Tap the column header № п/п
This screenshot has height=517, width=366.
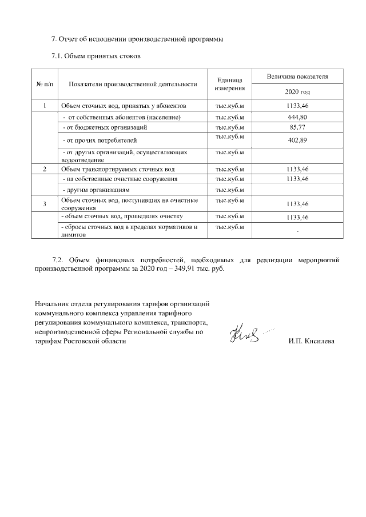45,84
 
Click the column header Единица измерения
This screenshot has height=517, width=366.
230,84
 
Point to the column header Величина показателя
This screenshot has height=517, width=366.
297,76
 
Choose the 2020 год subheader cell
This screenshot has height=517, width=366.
297,91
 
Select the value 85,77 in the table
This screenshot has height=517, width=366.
297,127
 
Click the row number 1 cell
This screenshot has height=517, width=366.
45,106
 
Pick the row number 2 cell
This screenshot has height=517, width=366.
45,170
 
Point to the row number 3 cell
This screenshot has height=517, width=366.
45,204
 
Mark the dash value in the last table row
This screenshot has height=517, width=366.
297,230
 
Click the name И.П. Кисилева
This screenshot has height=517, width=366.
312,341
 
